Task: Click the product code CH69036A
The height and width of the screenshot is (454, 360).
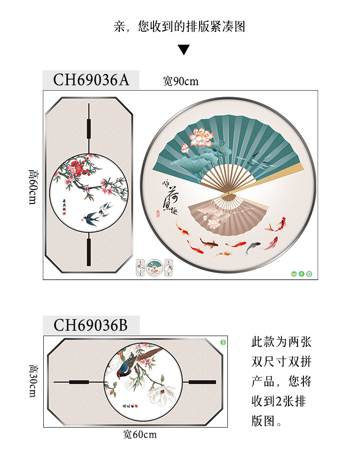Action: point(91,80)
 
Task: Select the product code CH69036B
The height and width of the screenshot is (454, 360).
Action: point(91,325)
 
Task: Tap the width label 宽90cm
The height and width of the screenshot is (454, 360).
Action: point(181,82)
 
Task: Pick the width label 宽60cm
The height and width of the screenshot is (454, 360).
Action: point(140,434)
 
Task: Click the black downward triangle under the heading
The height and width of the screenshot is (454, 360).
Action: point(184,50)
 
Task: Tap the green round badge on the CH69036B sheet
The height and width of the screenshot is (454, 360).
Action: point(223,342)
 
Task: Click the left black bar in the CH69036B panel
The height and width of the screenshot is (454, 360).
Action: point(78,381)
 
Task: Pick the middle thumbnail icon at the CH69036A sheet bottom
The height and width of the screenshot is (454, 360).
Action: point(154,268)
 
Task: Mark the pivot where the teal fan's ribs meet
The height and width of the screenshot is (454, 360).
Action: point(226,196)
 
